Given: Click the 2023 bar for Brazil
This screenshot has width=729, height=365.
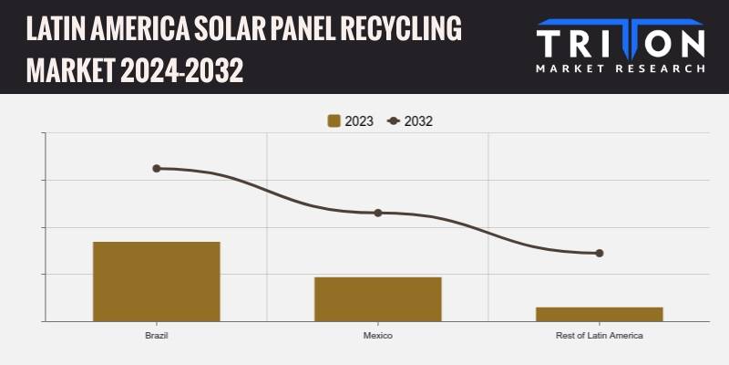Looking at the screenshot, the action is (x=157, y=281).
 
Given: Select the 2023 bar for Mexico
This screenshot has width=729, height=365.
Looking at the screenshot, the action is (x=378, y=299).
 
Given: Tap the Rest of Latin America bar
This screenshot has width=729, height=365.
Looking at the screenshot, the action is (x=600, y=314).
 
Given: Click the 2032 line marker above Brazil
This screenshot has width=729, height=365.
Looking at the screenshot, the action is (x=157, y=168).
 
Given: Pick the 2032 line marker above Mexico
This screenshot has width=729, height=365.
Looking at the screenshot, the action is (x=378, y=213).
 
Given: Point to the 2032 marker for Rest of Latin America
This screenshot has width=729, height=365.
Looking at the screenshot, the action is (x=600, y=254).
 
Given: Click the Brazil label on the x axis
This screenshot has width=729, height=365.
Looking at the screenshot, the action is (x=157, y=335).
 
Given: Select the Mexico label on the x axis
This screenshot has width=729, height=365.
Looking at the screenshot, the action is (x=378, y=335).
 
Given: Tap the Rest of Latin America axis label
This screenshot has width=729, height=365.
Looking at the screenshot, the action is (x=600, y=335).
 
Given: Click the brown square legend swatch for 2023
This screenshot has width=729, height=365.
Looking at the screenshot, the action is (x=334, y=121).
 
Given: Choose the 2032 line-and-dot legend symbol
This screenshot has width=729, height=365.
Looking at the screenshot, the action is (x=394, y=121).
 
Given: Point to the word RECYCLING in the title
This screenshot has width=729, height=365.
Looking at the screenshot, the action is (x=401, y=29).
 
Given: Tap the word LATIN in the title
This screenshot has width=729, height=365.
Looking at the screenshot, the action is (x=56, y=29).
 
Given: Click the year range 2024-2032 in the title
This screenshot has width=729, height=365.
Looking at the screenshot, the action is (x=181, y=71).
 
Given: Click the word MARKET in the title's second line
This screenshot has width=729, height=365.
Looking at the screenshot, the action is (x=71, y=71).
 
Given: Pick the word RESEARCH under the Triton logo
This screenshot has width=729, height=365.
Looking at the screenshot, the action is (x=660, y=68).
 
